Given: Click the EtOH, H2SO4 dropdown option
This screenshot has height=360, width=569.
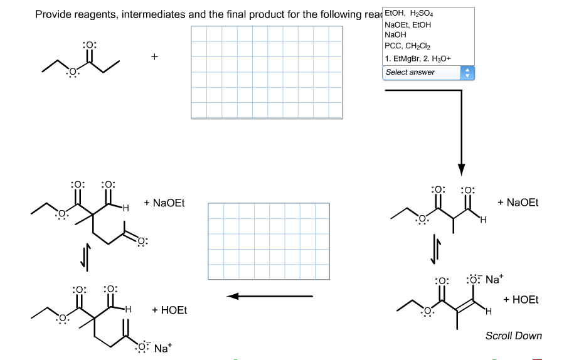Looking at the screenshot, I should (x=409, y=14).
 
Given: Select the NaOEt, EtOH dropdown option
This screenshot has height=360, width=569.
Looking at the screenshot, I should (x=408, y=24).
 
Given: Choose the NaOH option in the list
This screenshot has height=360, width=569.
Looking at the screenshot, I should (x=396, y=34).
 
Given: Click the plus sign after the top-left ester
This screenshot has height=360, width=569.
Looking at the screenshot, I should (x=154, y=57).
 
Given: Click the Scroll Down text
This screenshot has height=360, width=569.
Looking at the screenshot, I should (x=513, y=336).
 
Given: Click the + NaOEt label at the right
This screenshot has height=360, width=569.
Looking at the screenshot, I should (x=518, y=203).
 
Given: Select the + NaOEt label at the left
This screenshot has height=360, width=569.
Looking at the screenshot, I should (x=164, y=203).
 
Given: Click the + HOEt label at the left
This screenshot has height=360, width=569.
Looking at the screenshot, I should (x=169, y=310).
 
